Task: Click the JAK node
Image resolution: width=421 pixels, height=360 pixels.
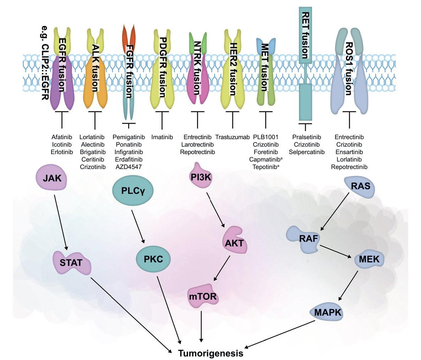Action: click(52, 178)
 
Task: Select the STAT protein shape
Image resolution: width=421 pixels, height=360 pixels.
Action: click(71, 263)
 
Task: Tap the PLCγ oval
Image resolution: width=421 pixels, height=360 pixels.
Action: click(133, 190)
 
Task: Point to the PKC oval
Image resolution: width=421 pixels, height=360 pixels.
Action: click(153, 259)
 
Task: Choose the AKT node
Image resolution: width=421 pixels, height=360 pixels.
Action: click(234, 243)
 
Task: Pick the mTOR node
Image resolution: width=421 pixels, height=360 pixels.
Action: click(202, 296)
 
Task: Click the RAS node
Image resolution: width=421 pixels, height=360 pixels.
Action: click(360, 185)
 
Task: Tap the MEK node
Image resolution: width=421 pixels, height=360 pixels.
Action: click(369, 259)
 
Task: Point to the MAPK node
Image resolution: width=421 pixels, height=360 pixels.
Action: click(328, 312)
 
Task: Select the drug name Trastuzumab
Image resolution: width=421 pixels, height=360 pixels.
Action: click(233, 137)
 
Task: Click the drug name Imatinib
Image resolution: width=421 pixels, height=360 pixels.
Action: click(162, 137)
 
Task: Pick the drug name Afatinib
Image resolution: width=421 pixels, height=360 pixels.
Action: click(62, 137)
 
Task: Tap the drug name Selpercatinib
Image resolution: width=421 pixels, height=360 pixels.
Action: click(307, 152)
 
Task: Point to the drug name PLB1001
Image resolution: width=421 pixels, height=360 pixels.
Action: click(266, 137)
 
